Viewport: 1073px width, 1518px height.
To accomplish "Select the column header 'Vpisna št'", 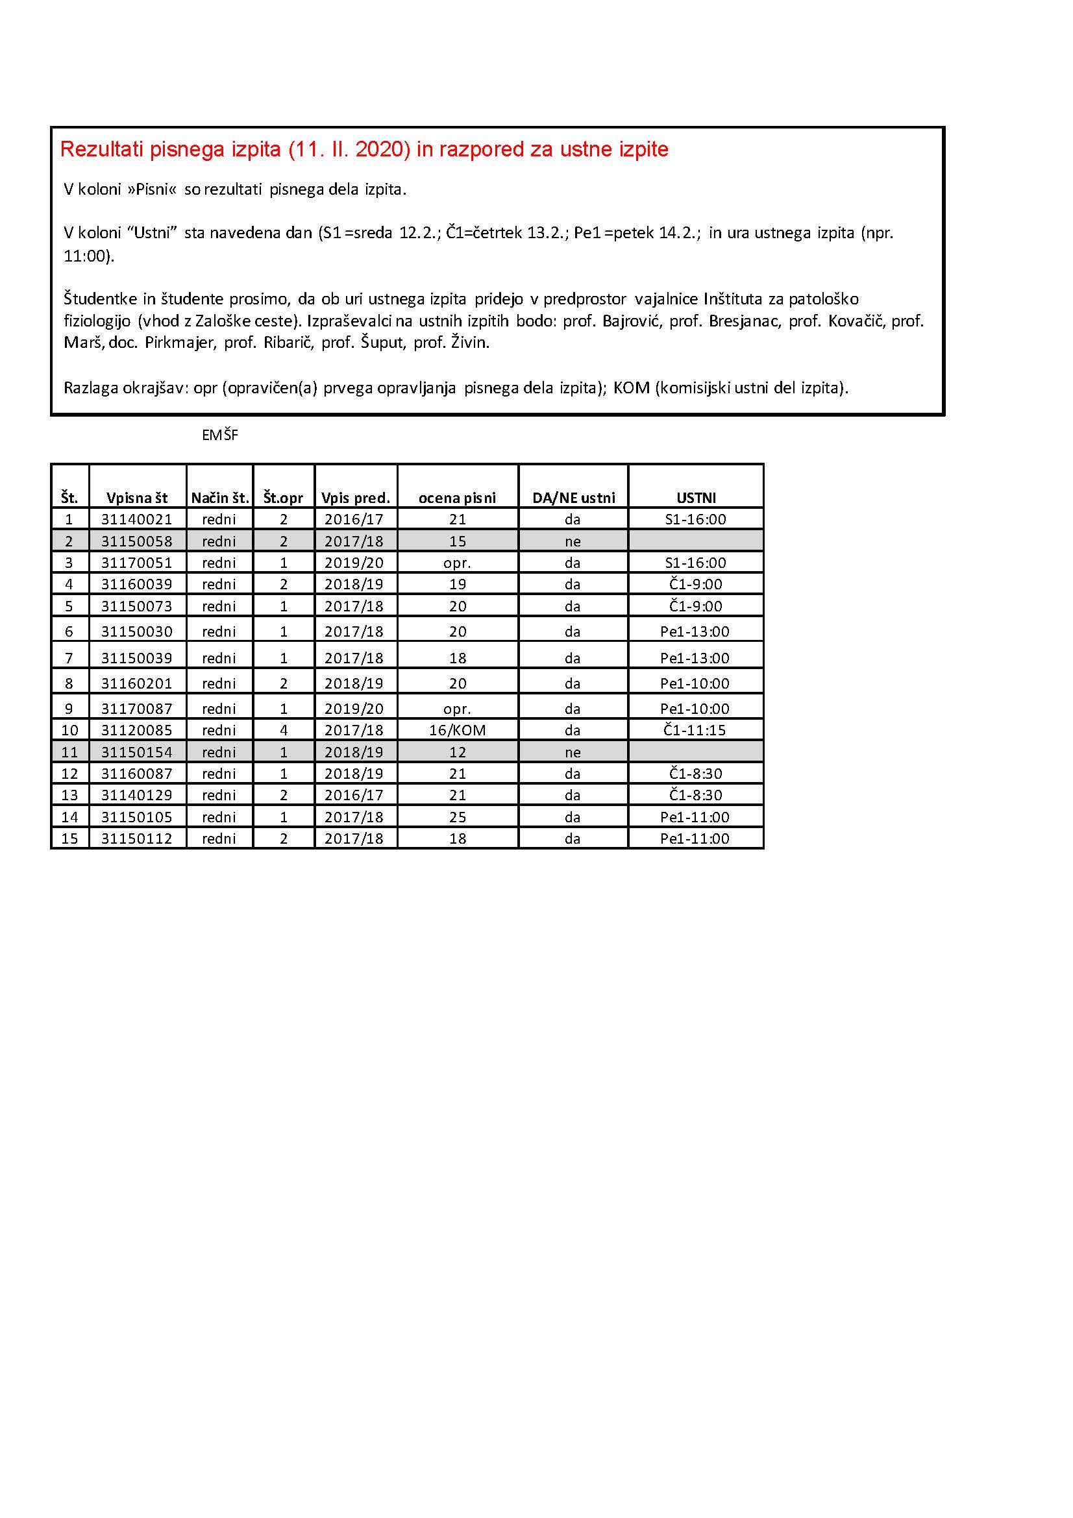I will [137, 498].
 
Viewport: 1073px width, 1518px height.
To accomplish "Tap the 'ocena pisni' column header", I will [457, 498].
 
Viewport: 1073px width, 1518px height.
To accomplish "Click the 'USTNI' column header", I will [695, 498].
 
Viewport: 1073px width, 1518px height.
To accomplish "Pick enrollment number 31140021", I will [136, 520].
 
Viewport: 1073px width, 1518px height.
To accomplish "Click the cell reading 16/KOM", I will [457, 730].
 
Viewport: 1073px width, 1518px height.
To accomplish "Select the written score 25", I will [458, 817].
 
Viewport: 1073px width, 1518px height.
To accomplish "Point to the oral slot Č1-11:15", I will [695, 730].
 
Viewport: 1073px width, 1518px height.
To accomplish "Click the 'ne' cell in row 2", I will [573, 541].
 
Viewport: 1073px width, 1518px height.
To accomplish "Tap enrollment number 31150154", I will [136, 752].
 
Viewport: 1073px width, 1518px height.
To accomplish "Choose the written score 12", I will [458, 752].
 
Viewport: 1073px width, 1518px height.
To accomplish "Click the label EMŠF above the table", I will [219, 435].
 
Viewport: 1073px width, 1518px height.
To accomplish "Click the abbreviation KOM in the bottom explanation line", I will [632, 387].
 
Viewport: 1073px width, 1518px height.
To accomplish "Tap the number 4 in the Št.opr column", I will [284, 730].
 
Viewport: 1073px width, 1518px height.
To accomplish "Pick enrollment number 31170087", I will [136, 709].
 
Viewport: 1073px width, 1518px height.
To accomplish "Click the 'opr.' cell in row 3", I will [457, 563].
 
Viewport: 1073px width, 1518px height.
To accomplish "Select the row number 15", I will [69, 839].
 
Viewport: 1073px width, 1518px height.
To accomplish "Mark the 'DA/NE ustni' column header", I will [573, 498].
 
